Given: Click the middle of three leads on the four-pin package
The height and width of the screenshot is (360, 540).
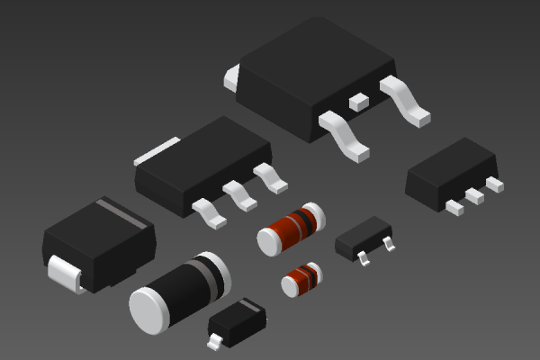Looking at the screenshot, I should tap(239, 194).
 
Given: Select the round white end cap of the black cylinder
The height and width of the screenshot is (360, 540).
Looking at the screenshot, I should tap(149, 310).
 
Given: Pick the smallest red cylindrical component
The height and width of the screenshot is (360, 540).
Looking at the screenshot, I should tap(300, 278).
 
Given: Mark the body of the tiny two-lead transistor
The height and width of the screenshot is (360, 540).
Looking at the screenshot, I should tap(362, 237).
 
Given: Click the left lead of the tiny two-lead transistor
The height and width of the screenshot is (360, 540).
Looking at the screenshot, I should tap(363, 258).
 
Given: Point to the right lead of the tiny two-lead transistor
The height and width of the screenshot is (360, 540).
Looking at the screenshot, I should tap(389, 244).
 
